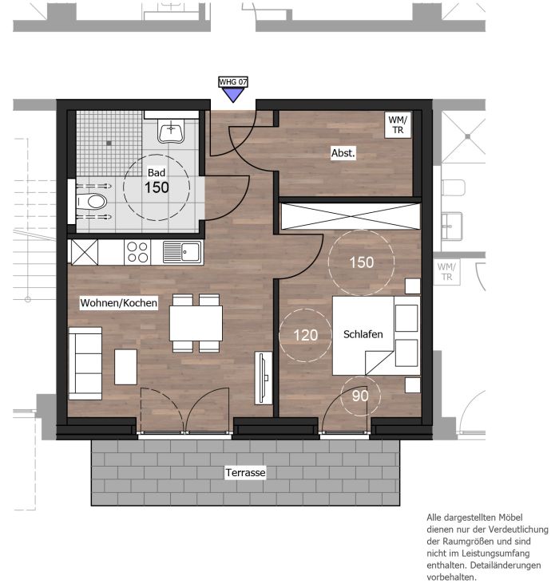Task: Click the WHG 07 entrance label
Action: pos(233,81)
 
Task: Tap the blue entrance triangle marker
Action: pos(233,95)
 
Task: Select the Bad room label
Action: pos(157,172)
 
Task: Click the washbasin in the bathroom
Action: pos(171,131)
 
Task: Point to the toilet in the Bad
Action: pos(92,202)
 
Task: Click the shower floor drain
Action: pos(109,143)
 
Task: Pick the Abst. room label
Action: pos(343,153)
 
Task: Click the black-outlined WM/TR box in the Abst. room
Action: pos(398,125)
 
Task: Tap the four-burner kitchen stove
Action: pos(137,252)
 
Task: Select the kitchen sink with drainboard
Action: pos(182,252)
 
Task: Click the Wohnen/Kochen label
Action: pos(118,302)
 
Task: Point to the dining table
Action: pos(196,323)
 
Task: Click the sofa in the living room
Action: pos(85,363)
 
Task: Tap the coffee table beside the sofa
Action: pos(125,367)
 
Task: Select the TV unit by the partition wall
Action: pos(264,378)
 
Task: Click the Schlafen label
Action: pos(363,334)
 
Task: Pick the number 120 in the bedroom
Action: pos(306,335)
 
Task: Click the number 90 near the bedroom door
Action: pos(360,396)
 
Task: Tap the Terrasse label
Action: pos(245,472)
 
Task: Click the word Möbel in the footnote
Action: pos(510,518)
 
